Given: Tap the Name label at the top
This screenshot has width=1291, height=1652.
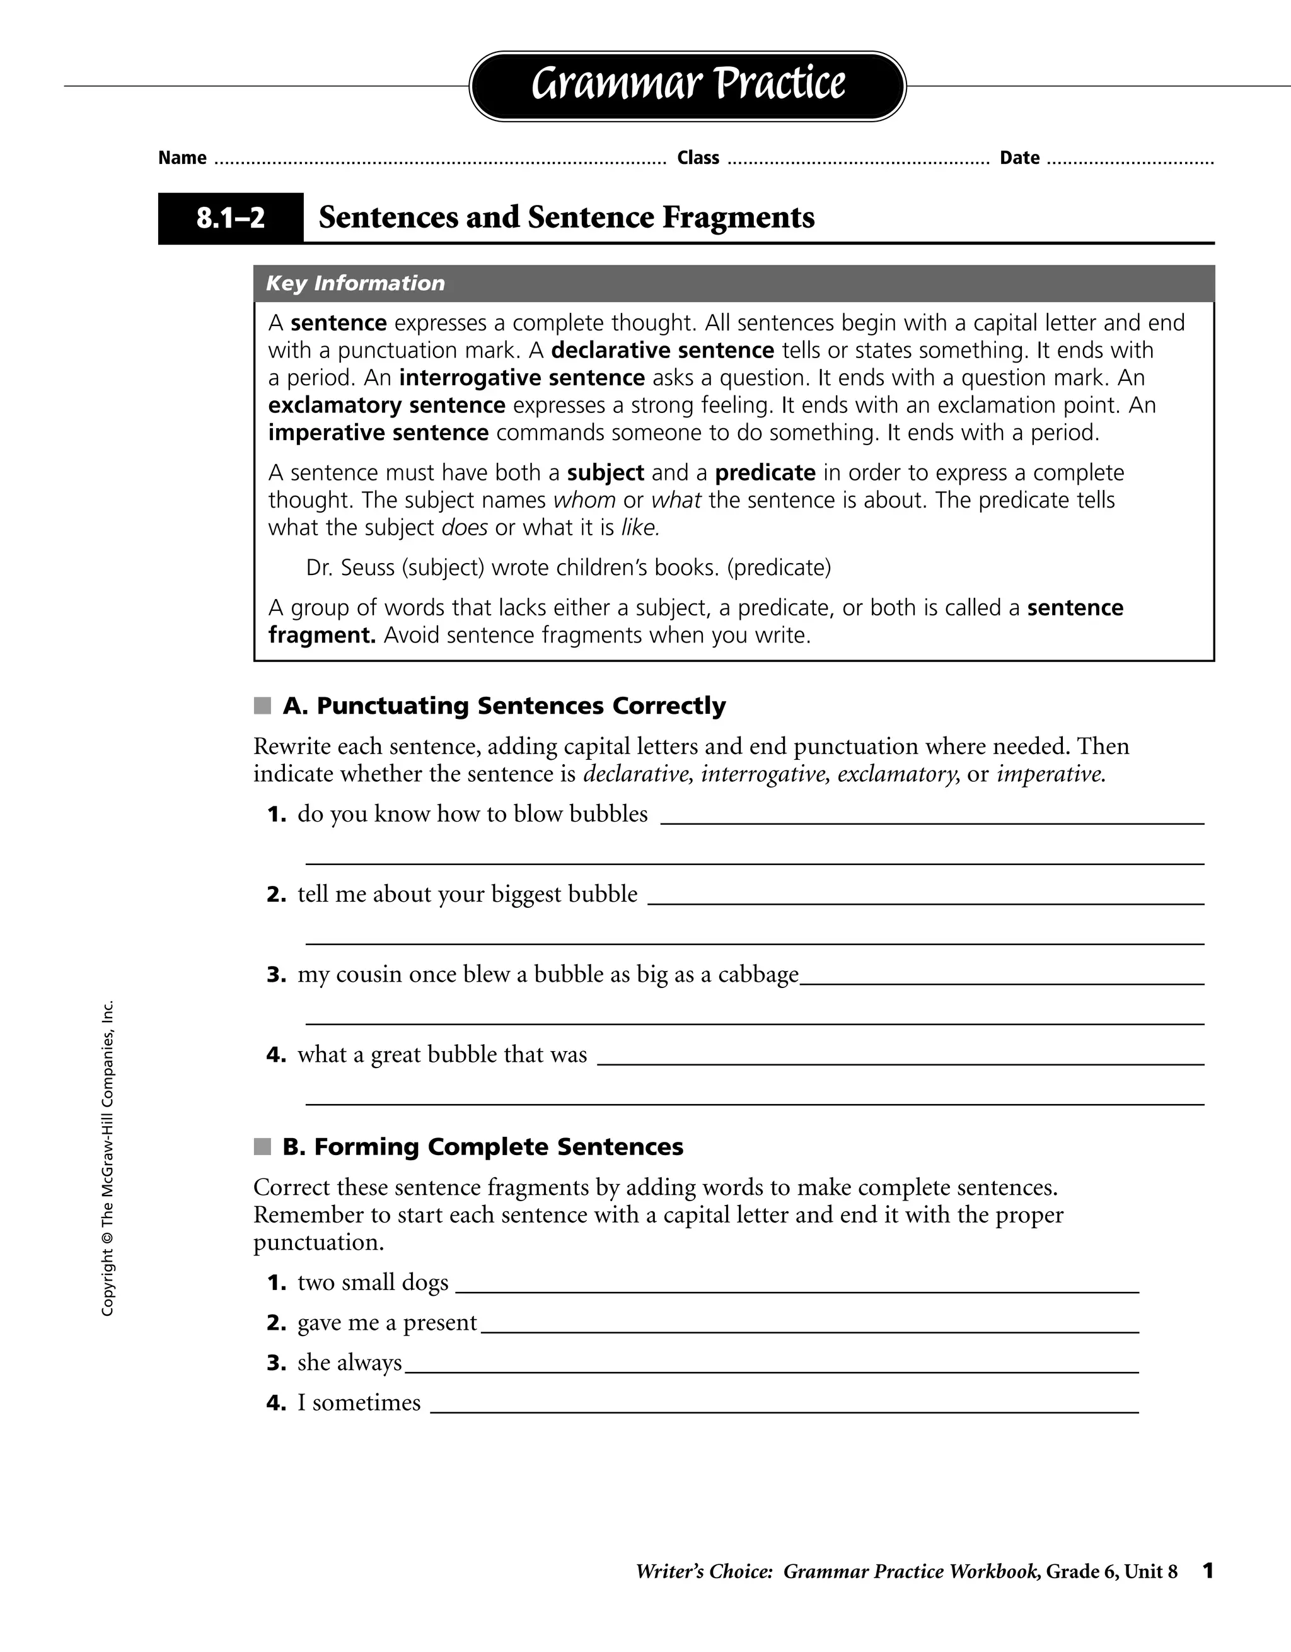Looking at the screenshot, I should coord(182,158).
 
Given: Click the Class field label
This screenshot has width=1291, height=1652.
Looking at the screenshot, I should coord(698,158).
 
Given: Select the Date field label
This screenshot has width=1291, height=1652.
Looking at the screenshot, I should coord(1019,158).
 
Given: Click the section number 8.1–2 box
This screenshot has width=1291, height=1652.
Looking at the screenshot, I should coord(231,219).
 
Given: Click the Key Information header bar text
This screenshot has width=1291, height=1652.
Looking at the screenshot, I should coord(356,284).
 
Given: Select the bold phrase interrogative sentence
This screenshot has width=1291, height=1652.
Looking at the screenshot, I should coord(522,378).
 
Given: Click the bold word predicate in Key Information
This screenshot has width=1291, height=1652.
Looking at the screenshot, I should coord(765,473).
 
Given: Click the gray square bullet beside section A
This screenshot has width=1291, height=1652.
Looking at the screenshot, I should coord(262,706).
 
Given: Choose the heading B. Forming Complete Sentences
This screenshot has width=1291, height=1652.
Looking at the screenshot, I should coord(482,1147).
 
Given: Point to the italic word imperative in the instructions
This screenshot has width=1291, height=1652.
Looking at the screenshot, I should coord(1050,774).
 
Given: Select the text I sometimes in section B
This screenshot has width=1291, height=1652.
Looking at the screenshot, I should coord(359,1402).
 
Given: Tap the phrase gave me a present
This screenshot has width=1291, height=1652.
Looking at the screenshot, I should coord(386,1323).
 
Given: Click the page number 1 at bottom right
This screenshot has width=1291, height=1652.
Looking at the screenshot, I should coord(1208,1571).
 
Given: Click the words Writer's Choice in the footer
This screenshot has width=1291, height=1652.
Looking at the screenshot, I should coord(703,1572).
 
